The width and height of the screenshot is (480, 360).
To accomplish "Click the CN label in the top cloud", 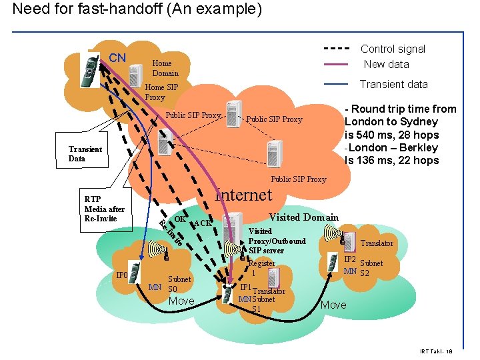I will [x=117, y=57].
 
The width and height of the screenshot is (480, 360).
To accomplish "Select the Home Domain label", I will [x=165, y=68].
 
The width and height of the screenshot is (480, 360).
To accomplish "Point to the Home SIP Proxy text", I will [x=161, y=92].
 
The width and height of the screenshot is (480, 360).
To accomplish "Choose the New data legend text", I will [x=386, y=64].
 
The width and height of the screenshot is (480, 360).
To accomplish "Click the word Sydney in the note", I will [x=419, y=121].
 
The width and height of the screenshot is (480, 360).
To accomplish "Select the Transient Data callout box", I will [x=85, y=154].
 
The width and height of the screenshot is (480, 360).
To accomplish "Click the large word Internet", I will [x=243, y=195].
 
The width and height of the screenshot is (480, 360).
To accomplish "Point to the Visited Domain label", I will [x=303, y=217].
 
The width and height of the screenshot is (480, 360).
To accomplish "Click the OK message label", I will [x=179, y=218].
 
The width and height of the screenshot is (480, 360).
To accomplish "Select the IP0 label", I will [x=121, y=274].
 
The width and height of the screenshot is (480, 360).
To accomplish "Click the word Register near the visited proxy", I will [x=262, y=263].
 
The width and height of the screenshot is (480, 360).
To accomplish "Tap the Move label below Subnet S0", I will [x=181, y=301].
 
